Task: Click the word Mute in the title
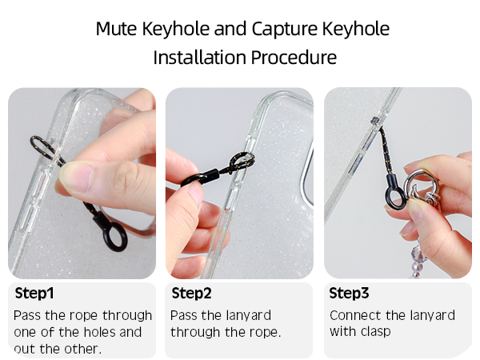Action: click(x=116, y=29)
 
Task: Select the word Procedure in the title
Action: click(x=294, y=58)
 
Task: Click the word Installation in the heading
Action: click(x=199, y=58)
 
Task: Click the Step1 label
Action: click(x=34, y=294)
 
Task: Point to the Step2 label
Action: click(x=192, y=294)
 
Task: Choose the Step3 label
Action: click(x=349, y=294)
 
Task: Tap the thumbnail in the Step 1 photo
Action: click(x=76, y=178)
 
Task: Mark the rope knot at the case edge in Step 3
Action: click(x=375, y=121)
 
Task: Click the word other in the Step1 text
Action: click(x=82, y=349)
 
